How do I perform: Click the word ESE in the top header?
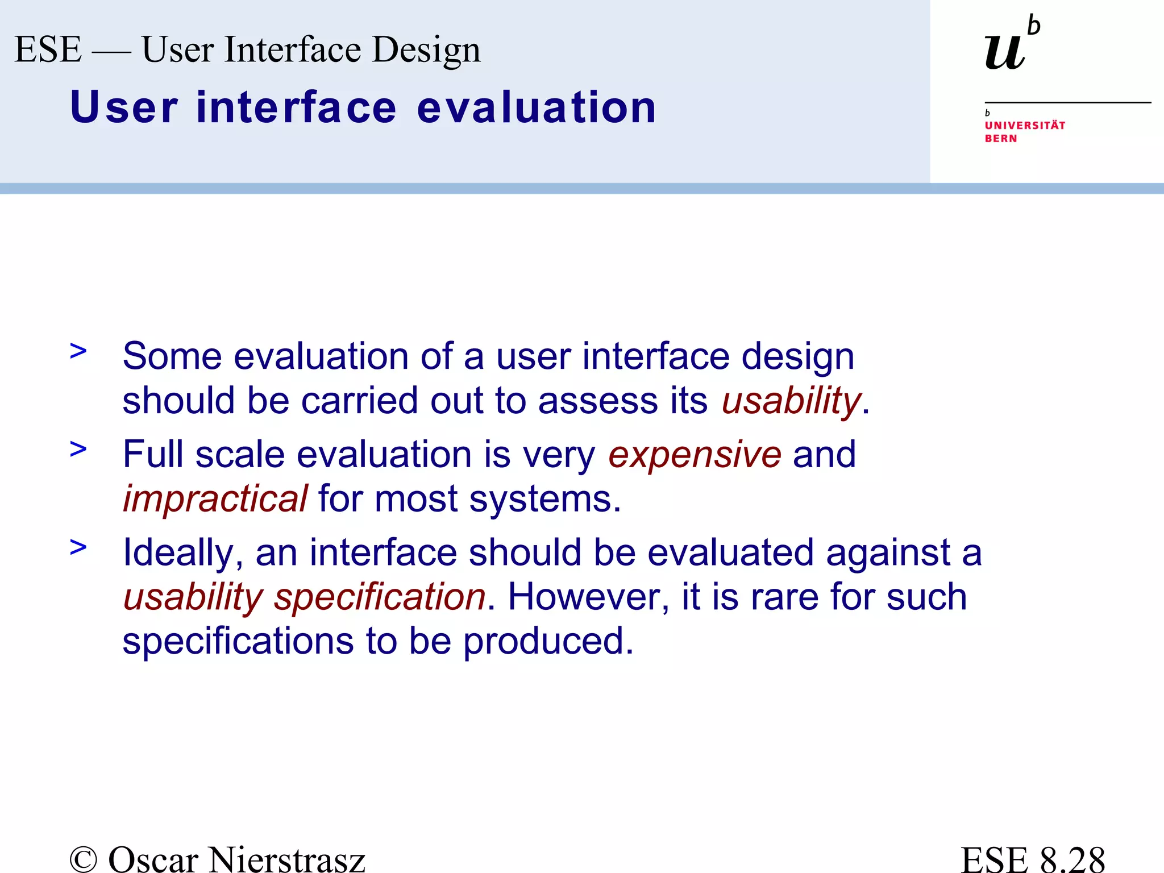pos(48,49)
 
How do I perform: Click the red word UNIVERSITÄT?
pos(1025,126)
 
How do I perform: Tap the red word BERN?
pos(1001,139)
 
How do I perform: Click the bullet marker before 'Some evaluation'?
pos(78,351)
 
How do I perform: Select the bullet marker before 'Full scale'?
pos(78,450)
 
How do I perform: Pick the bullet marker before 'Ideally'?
pos(78,547)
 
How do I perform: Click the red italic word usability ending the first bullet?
pos(791,401)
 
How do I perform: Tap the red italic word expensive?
pos(695,455)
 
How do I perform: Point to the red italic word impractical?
pos(215,499)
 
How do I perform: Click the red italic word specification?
pos(380,598)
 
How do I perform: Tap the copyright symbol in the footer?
pos(84,859)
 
